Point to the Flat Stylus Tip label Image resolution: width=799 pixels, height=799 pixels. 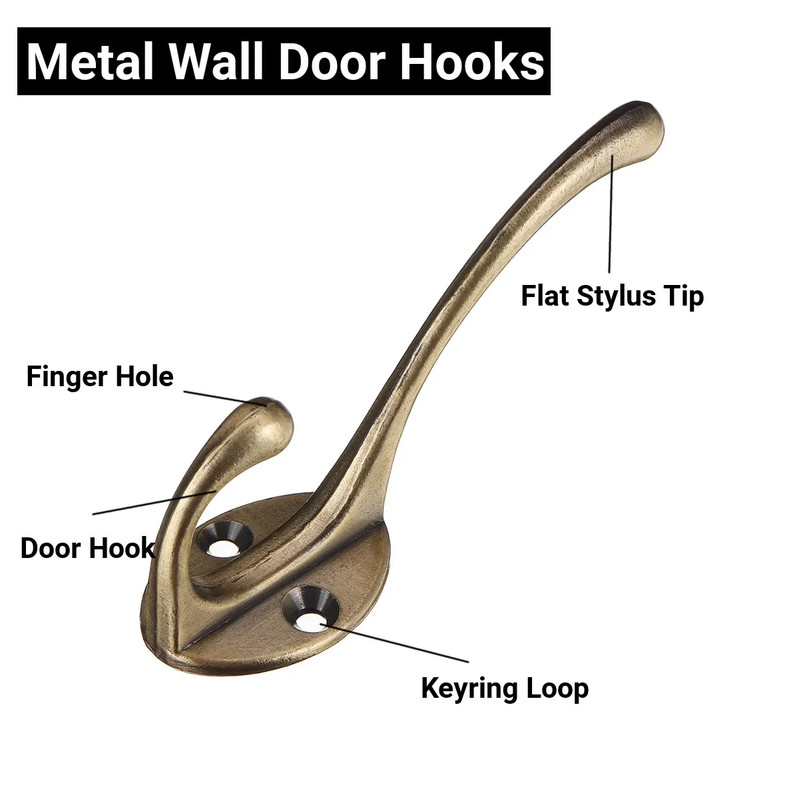pyautogui.click(x=612, y=296)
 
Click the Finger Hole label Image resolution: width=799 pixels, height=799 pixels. pyautogui.click(x=100, y=377)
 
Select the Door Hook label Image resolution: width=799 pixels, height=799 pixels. pyautogui.click(x=87, y=548)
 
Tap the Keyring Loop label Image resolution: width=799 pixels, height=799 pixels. pyautogui.click(x=505, y=688)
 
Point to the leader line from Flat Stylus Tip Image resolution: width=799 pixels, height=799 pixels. pyautogui.click(x=611, y=213)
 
